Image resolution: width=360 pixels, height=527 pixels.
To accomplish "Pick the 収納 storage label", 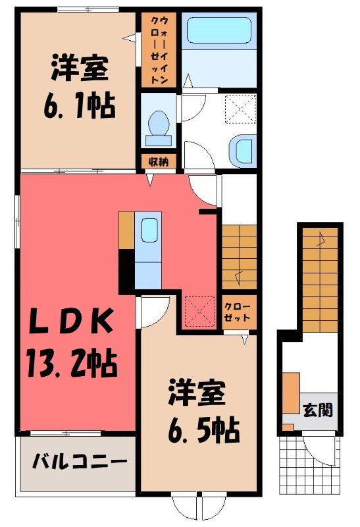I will point(157,161).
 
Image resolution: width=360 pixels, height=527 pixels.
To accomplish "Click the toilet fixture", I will point(158,125).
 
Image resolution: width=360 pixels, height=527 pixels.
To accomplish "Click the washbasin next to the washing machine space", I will point(244,150).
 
